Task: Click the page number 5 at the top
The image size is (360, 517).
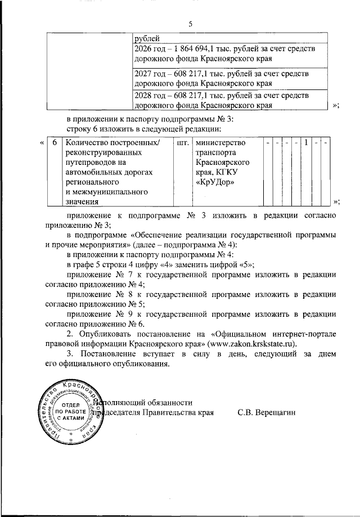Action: (190, 24)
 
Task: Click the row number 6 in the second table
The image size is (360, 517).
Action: (54, 143)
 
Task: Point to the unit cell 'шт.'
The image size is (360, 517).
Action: (182, 143)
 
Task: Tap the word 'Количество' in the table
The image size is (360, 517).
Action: (84, 143)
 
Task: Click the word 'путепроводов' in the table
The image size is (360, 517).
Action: (90, 163)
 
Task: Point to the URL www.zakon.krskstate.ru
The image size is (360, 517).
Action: (251, 344)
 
